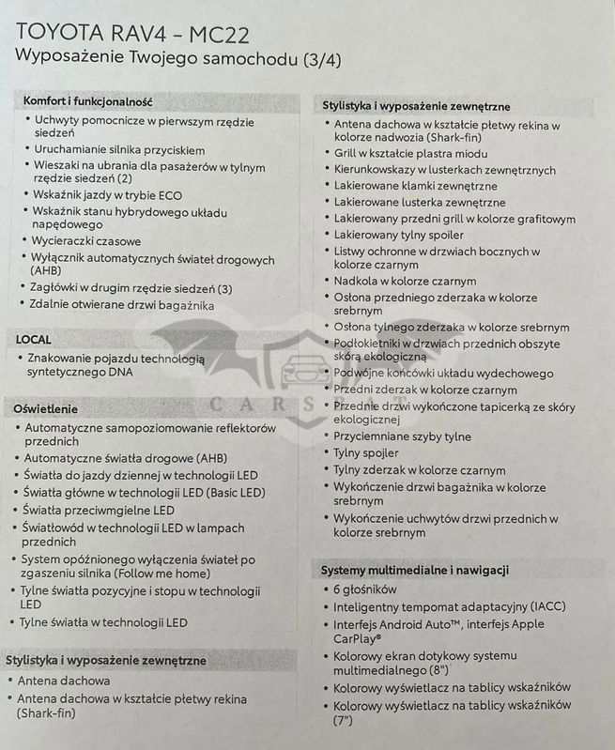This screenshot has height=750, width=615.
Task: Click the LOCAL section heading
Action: click(34, 339)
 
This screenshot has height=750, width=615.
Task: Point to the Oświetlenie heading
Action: click(46, 409)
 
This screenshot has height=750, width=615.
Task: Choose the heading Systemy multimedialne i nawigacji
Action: click(416, 570)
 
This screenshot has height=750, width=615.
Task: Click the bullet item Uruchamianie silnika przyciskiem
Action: click(119, 149)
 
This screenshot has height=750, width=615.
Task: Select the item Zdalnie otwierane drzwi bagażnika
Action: click(123, 305)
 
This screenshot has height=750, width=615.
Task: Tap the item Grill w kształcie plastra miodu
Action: click(411, 152)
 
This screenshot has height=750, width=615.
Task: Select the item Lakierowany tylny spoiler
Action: click(399, 235)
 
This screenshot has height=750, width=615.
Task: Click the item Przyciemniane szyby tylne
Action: click(403, 436)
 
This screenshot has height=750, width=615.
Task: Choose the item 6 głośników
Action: click(365, 589)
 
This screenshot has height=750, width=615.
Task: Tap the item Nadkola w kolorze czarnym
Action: click(405, 281)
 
